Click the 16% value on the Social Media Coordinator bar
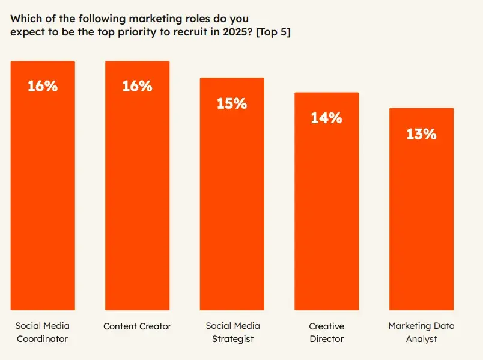pos(43,86)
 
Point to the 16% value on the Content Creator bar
pos(137,86)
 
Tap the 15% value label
pos(232,103)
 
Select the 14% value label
pos(326,118)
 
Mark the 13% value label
pos(421,134)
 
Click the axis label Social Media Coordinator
pos(43,332)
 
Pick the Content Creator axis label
pos(137,326)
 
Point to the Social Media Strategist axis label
pos(232,332)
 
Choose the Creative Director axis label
pos(326,332)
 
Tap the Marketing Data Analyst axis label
pos(421,332)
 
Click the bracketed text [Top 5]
pos(273,32)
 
